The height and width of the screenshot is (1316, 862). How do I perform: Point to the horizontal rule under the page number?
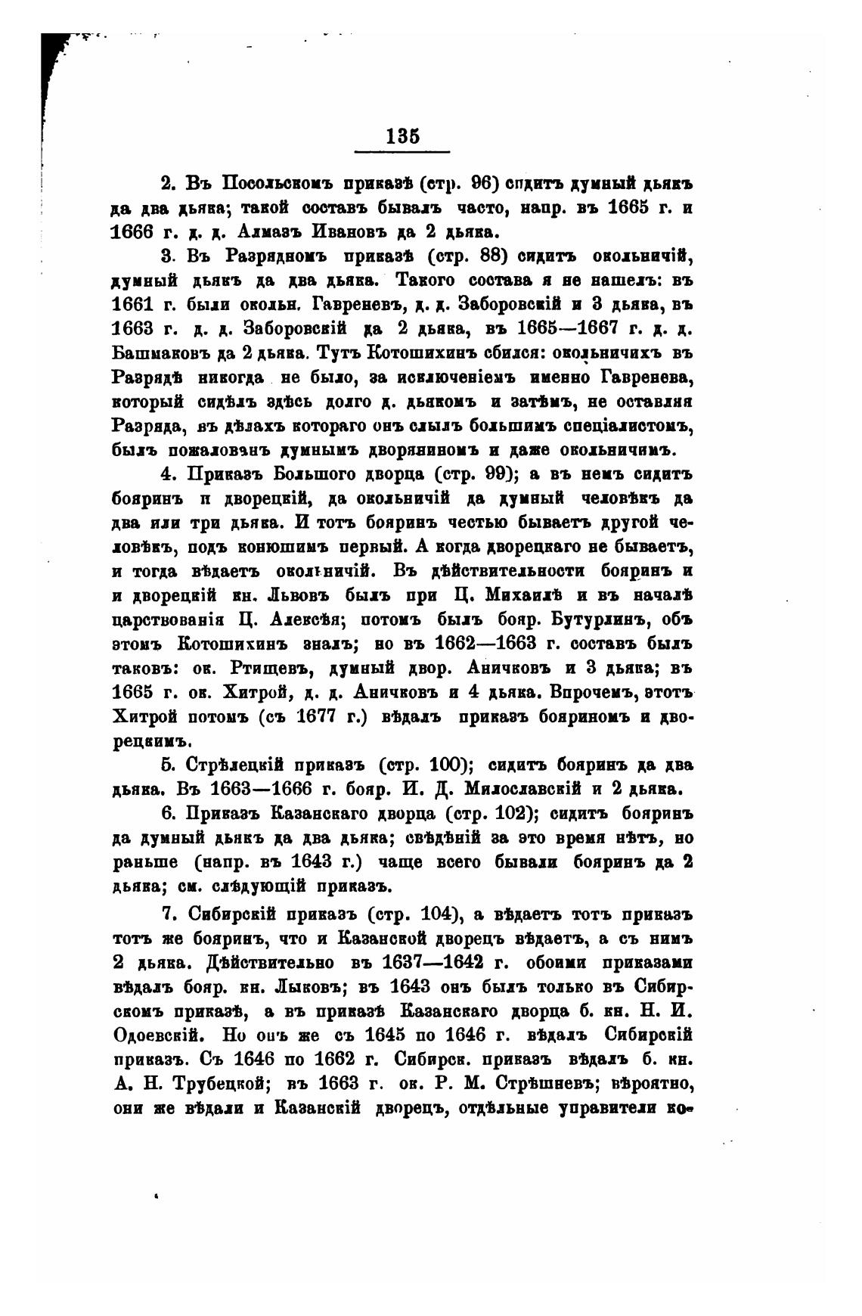point(402,151)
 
